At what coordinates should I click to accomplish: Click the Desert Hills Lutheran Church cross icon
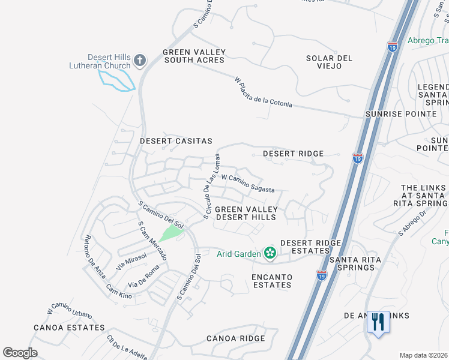[x=140, y=60]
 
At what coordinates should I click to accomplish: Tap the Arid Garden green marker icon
[x=270, y=254]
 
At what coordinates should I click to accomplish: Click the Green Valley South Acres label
[x=193, y=56]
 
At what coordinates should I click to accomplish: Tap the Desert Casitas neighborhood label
[x=176, y=141]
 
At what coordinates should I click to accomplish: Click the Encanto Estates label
[x=272, y=281]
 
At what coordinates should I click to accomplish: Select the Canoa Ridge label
[x=235, y=338]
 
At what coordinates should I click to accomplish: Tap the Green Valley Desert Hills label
[x=246, y=213]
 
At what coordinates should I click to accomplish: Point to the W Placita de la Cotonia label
[x=264, y=92]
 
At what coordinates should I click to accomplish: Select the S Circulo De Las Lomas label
[x=211, y=186]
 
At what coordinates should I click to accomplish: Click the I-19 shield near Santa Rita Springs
[x=321, y=275]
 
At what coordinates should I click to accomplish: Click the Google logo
[x=20, y=353]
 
